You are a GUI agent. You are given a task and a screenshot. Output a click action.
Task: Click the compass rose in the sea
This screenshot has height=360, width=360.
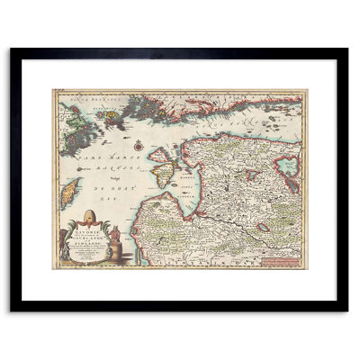point(137,143)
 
